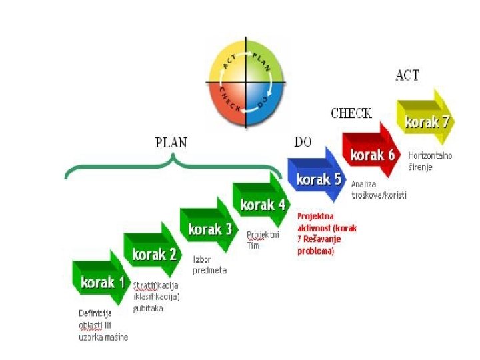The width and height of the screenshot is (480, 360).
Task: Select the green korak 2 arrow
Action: tap(154, 254)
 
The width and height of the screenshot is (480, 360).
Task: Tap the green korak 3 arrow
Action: tap(209, 229)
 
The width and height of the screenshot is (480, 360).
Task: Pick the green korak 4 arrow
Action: tap(262, 204)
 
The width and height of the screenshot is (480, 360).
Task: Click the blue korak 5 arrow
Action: tap(319, 179)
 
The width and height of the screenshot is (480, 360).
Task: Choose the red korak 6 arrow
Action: tap(373, 155)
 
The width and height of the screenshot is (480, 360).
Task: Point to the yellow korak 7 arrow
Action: tap(427, 121)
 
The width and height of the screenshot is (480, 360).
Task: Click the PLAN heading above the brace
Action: tap(171, 142)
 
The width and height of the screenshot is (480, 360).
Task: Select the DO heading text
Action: tap(303, 141)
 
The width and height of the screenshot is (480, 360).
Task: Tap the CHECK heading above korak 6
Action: tap(351, 113)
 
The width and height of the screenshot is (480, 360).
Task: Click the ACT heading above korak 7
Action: tap(407, 75)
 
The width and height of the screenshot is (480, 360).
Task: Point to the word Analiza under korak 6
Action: tap(363, 184)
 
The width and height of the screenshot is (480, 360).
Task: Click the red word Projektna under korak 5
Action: tap(315, 217)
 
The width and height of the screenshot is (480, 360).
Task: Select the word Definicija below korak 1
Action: tap(95, 313)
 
